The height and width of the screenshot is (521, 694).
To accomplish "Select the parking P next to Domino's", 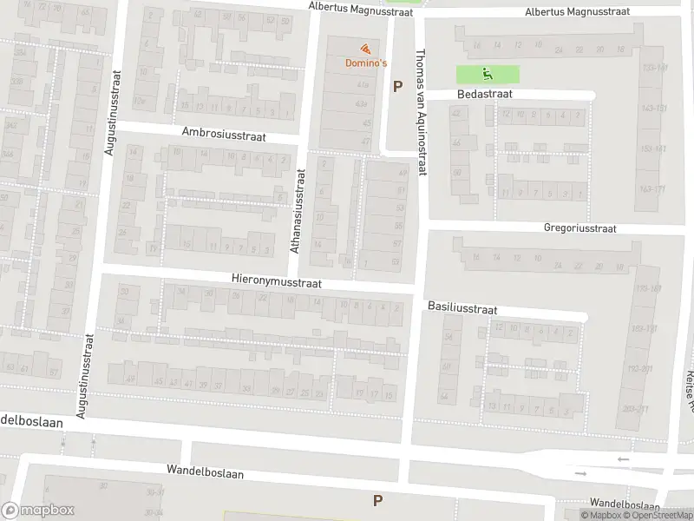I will [x=398, y=86].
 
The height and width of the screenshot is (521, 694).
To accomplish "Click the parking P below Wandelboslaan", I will [x=377, y=500].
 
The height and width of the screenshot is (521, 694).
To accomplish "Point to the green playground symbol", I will [x=488, y=74].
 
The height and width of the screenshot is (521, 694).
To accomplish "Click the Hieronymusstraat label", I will [x=277, y=282].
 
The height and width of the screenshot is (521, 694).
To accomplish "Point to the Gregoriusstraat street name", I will [x=579, y=229].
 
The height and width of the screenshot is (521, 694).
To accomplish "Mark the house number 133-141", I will [x=652, y=68].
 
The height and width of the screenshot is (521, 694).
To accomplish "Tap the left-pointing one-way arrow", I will [x=622, y=458].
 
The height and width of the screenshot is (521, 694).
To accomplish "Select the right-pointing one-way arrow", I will [x=580, y=474].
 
